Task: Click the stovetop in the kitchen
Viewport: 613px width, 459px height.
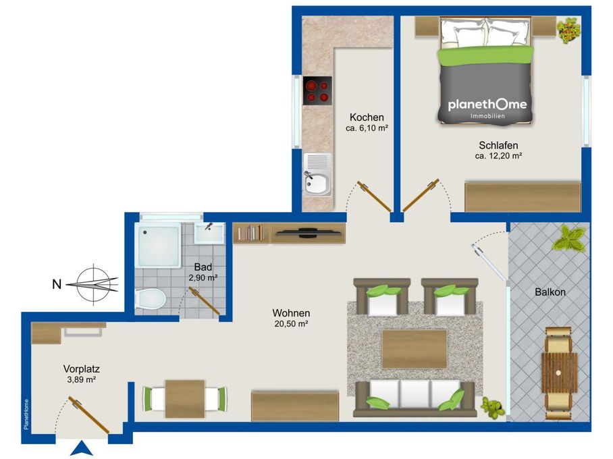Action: (x=317, y=90)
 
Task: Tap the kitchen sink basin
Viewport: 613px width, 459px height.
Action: (x=317, y=184)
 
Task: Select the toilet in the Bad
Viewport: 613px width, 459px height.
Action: (x=151, y=300)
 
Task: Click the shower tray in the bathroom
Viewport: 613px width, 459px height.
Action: (x=158, y=245)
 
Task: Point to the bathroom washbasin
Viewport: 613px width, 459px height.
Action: (x=209, y=233)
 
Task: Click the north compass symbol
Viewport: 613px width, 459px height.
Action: (x=92, y=284)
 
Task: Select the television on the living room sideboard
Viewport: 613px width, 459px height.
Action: (x=308, y=233)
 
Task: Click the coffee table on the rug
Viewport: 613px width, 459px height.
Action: (x=415, y=349)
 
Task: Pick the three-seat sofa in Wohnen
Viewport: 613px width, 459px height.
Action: (x=414, y=398)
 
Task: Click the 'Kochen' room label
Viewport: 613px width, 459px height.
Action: (x=367, y=117)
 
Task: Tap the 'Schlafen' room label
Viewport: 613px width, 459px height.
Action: (x=498, y=145)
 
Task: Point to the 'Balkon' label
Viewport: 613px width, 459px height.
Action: (x=550, y=292)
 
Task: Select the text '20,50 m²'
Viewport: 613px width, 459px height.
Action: (x=292, y=324)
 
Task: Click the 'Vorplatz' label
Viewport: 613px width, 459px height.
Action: (x=81, y=369)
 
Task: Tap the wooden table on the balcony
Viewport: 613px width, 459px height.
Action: (x=559, y=373)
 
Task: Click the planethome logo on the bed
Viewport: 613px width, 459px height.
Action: (x=487, y=108)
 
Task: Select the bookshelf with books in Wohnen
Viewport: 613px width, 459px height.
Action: (x=251, y=234)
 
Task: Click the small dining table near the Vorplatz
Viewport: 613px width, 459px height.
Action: (x=185, y=399)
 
